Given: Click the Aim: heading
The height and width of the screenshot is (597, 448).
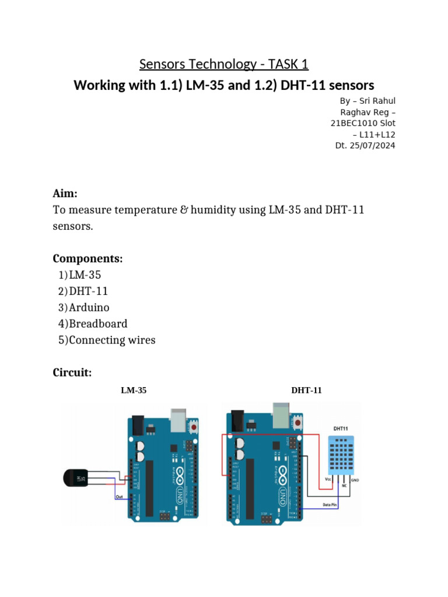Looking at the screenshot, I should tap(65, 193).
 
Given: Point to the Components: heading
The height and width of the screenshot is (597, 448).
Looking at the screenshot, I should tap(87, 258).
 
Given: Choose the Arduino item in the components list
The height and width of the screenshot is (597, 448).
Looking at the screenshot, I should tap(89, 307).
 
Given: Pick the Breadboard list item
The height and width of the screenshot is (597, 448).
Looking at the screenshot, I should tap(97, 324).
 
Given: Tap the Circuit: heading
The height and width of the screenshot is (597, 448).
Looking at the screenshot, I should tap(72, 373).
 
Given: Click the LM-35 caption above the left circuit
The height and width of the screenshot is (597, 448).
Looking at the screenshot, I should tap(134, 391).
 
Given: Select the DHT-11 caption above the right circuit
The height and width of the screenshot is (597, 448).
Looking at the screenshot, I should tap(306, 391).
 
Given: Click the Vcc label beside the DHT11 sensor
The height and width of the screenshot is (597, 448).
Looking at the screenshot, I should tap(328, 479).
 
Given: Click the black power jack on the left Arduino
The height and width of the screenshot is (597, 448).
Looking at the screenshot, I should tap(137, 424).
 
